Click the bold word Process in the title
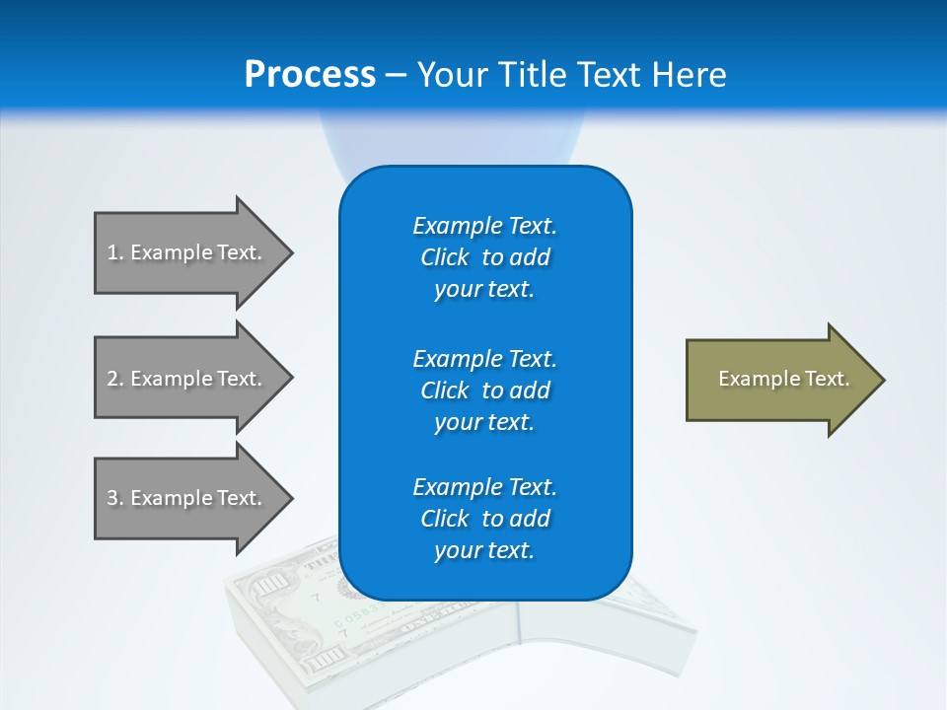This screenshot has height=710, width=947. coord(310,74)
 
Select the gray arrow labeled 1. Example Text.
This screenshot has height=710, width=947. coord(187,252)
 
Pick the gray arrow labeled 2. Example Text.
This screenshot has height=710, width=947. coord(187,379)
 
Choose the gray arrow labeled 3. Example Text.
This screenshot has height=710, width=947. coord(187,498)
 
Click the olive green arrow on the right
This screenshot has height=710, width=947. coord(779,380)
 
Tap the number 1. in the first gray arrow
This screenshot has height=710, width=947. coord(115,252)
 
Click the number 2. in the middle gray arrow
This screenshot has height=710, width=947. coord(115,379)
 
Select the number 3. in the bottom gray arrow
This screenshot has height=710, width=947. coord(115,498)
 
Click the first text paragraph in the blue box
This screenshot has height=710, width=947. coord(484,257)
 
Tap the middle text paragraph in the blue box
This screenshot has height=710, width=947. coord(484,390)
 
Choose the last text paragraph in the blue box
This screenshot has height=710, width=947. coord(484,519)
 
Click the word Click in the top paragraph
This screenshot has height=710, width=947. coord(444,257)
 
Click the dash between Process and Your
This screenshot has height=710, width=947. coord(397,75)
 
